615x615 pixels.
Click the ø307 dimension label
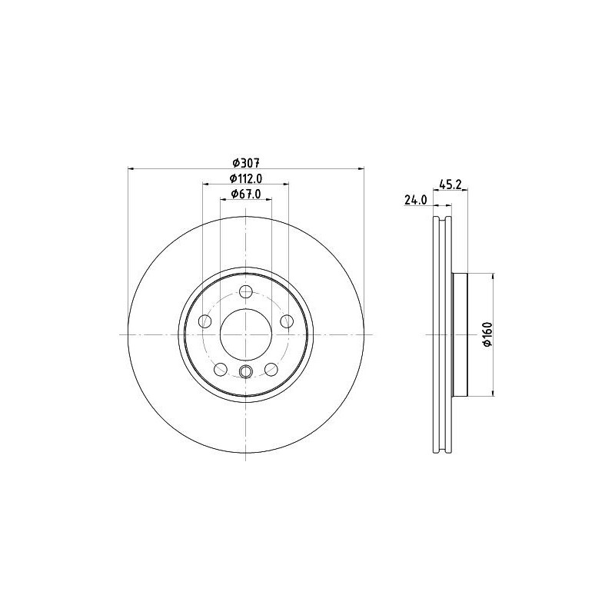coord(246,162)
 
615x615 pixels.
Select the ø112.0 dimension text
coord(246,178)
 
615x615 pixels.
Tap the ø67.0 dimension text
coord(246,194)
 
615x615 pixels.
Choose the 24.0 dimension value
coord(415,200)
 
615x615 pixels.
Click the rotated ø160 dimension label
coord(487,334)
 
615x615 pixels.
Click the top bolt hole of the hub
coord(246,291)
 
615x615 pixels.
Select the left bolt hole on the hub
coord(205,321)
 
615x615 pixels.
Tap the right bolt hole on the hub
coord(287,321)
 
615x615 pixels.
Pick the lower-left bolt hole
coord(221,369)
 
